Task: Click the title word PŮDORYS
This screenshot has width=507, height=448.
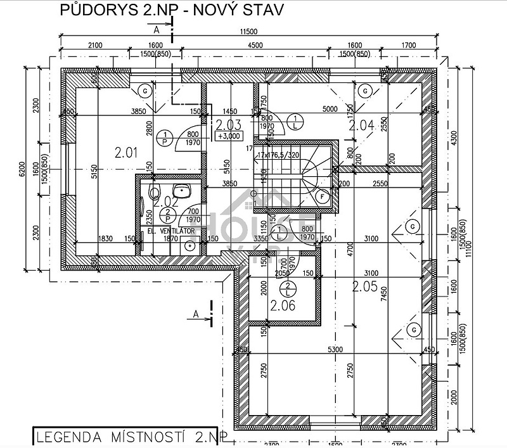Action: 89,10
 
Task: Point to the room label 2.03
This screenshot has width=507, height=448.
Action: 228,125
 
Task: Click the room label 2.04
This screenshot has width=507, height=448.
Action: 362,125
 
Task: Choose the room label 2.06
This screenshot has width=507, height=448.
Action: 283,306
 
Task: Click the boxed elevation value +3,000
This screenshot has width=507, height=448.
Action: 228,136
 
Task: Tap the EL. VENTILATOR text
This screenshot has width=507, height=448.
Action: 170,231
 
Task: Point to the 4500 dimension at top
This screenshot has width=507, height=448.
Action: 255,45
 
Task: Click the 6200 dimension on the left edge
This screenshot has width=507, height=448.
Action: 22,169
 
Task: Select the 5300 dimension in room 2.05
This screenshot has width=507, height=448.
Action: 336,349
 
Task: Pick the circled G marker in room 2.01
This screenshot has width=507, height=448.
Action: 145,90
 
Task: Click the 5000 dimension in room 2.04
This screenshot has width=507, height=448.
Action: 330,109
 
